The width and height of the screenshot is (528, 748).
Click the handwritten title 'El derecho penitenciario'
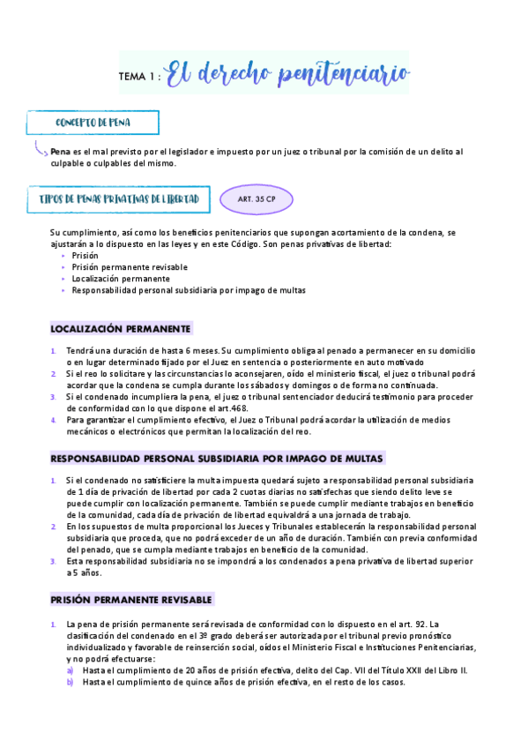pos(287,75)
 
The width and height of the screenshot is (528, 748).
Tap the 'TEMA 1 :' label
pos(139,78)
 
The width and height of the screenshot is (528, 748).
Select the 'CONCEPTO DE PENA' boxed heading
pos(93,123)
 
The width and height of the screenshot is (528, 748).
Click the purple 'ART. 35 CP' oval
pos(257,199)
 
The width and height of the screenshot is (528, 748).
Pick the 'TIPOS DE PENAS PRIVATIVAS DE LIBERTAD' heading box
pos(119,199)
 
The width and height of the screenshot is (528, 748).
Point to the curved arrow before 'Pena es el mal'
pos(40,149)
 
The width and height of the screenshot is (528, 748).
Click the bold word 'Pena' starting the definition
pos(60,152)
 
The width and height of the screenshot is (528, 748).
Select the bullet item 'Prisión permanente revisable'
pos(130,266)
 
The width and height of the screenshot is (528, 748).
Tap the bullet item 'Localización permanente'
pos(121,278)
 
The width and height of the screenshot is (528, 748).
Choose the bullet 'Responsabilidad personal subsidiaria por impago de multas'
pos(189,289)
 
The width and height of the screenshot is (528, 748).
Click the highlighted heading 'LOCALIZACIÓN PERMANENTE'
pos(121,329)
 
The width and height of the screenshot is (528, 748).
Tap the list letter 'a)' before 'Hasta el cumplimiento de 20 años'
pos(71,670)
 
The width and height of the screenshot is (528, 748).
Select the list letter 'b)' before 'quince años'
pos(71,682)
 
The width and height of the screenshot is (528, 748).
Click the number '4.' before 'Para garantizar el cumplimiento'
pos(55,420)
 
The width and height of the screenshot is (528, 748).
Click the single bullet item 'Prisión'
pos(86,255)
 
